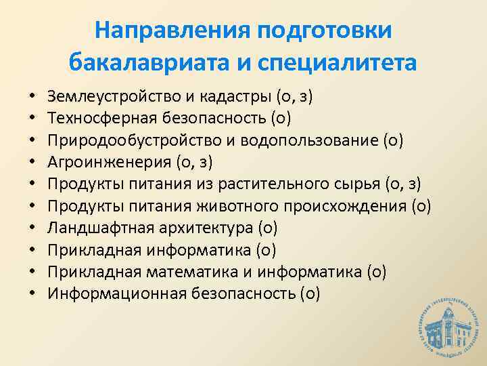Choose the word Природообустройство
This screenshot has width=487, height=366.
point(126,141)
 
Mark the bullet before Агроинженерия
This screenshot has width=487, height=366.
point(32,163)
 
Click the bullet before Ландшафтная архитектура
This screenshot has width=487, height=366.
point(32,229)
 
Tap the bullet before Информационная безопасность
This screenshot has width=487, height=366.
point(32,294)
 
